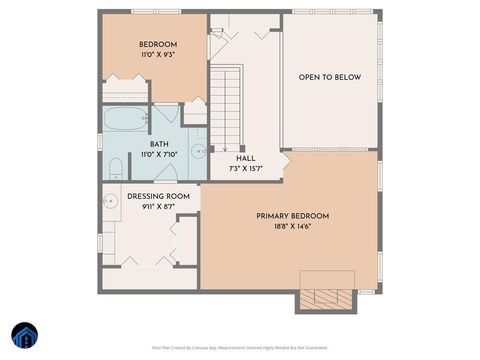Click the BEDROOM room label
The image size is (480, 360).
pyautogui.click(x=158, y=45)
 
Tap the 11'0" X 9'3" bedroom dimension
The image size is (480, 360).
pyautogui.click(x=158, y=57)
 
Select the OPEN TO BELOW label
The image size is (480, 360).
pyautogui.click(x=330, y=77)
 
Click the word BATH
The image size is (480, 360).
pyautogui.click(x=159, y=144)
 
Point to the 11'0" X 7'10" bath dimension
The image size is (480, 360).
pyautogui.click(x=159, y=155)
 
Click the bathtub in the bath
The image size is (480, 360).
pyautogui.click(x=124, y=120)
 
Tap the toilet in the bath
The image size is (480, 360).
pyautogui.click(x=115, y=167)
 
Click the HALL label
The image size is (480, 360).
pyautogui.click(x=245, y=158)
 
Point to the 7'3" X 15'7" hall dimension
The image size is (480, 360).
pyautogui.click(x=245, y=169)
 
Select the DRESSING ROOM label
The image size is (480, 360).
pyautogui.click(x=158, y=196)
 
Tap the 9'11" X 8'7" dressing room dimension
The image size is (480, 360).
pyautogui.click(x=158, y=207)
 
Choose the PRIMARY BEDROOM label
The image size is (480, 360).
pyautogui.click(x=292, y=216)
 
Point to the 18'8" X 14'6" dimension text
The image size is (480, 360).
pyautogui.click(x=292, y=228)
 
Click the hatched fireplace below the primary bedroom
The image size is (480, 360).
pyautogui.click(x=327, y=299)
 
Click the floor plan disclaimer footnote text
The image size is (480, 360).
pyautogui.click(x=240, y=348)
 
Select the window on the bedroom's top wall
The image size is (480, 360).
pyautogui.click(x=156, y=11)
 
